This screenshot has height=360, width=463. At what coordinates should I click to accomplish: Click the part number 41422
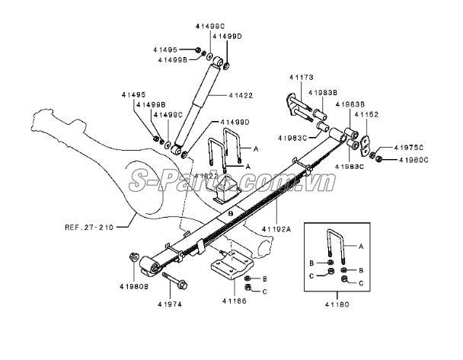tap(240, 95)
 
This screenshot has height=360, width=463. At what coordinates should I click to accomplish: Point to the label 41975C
tap(409, 146)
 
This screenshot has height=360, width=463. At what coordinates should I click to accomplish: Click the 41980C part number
tap(414, 159)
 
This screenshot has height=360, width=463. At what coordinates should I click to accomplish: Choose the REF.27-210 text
tap(88, 226)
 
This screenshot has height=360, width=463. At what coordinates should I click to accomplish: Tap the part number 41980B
tap(133, 287)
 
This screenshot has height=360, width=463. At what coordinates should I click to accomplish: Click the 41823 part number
tap(206, 176)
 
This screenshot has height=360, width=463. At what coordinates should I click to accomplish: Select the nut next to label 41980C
tap(380, 158)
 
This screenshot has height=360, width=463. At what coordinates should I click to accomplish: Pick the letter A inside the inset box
tap(361, 247)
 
